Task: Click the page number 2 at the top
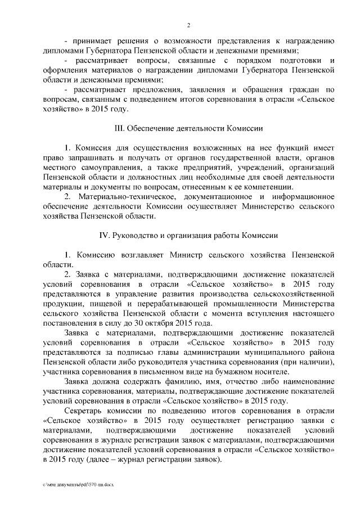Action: tap(189, 25)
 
